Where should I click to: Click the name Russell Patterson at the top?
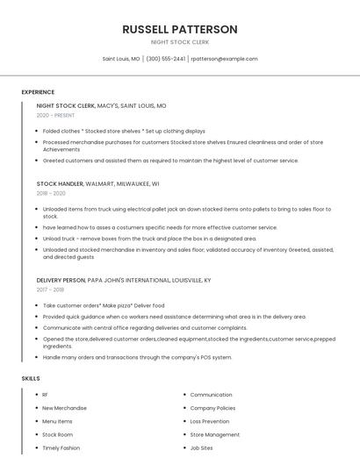click(x=180, y=29)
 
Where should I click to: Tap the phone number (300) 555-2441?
click(x=165, y=59)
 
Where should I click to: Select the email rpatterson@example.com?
click(x=224, y=59)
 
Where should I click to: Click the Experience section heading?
click(x=38, y=92)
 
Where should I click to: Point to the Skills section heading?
click(x=31, y=378)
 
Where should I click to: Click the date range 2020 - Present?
click(x=56, y=115)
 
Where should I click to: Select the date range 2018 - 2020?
click(x=51, y=193)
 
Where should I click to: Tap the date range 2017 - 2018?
click(x=50, y=290)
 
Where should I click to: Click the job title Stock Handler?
click(x=60, y=183)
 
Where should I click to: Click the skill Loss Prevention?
click(x=209, y=421)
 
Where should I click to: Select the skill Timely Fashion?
click(x=61, y=447)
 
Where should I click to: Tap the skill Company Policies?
click(x=212, y=408)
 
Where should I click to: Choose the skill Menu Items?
click(x=57, y=421)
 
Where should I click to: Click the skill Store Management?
click(x=214, y=434)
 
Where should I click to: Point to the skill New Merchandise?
click(x=64, y=408)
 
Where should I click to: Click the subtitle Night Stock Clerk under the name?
click(x=180, y=42)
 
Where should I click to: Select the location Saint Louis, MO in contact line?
click(x=121, y=59)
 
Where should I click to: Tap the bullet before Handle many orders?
click(x=38, y=358)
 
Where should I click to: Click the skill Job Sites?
click(x=201, y=447)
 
